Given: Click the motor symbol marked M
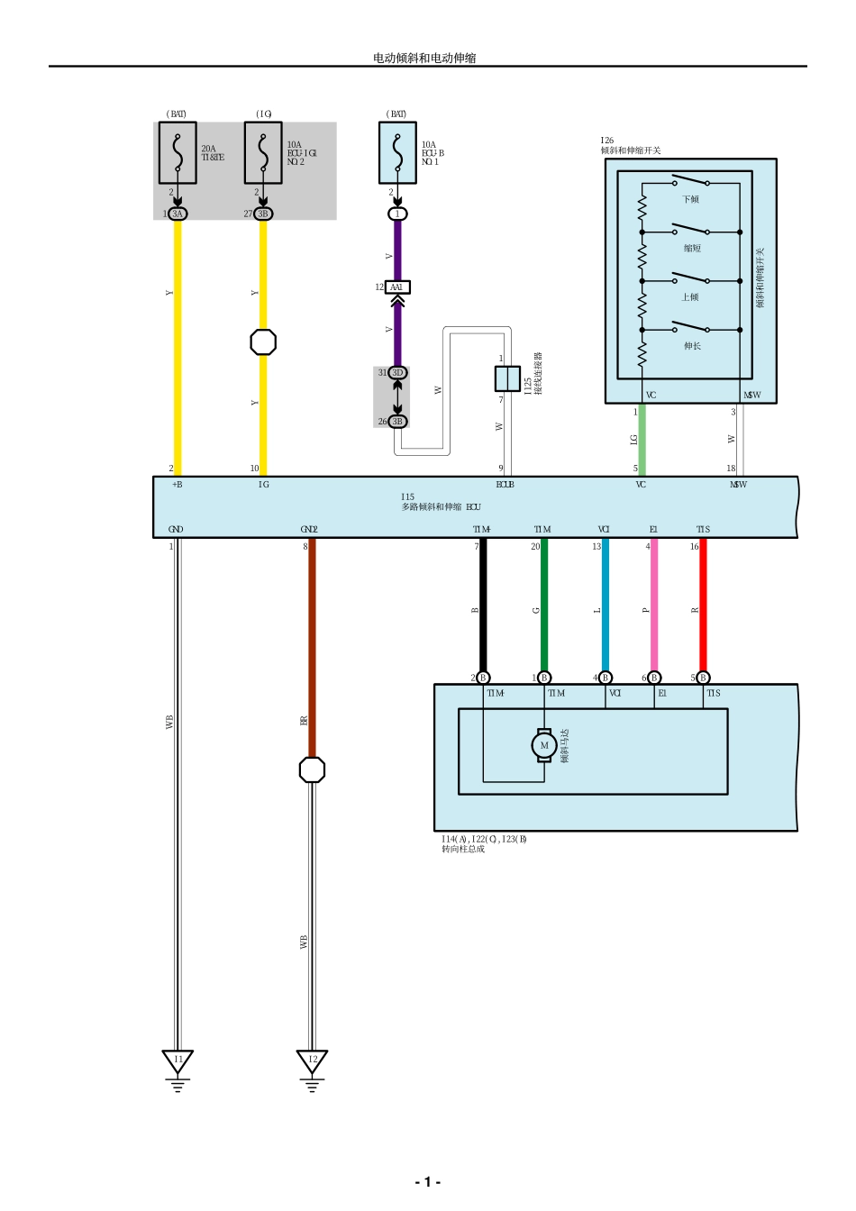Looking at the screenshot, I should pos(543,745).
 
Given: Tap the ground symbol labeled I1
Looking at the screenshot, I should pos(178,1061).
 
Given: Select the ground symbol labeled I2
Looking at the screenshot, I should pos(312,1061).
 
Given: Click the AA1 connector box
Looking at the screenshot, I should pos(397,287).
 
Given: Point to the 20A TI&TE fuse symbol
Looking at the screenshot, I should pos(178,153).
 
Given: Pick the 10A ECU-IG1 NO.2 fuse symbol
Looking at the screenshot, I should pos(263,153).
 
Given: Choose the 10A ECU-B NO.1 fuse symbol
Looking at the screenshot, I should pos(397,153).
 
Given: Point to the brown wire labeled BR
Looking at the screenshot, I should pos(312,649).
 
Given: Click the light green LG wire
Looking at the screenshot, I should pos(642,440).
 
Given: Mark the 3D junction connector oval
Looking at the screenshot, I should pos(397,372).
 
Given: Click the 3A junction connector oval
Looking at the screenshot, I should pos(178,214).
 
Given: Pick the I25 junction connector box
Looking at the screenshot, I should pos(507,378).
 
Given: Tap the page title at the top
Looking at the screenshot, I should pos(424,58).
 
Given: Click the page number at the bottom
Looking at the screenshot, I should pos(427,1181).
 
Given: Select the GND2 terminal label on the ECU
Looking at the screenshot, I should pos(309,530).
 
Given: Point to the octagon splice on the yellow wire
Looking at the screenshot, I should pos(263,342).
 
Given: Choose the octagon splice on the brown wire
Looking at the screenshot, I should pos(312,769).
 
